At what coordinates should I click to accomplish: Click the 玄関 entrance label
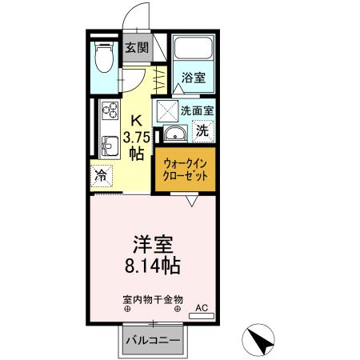pos(136,47)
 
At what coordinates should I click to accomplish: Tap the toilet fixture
pos(103,58)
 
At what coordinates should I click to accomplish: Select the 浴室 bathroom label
pos(193,78)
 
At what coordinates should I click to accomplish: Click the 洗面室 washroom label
pos(196,111)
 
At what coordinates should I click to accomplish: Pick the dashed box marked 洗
pos(202,129)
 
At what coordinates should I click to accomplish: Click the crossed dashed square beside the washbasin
pos(168,110)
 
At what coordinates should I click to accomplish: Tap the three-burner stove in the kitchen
pos(107,117)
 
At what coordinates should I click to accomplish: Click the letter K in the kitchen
pos(136,121)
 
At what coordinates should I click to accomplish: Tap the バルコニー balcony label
pos(152,341)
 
